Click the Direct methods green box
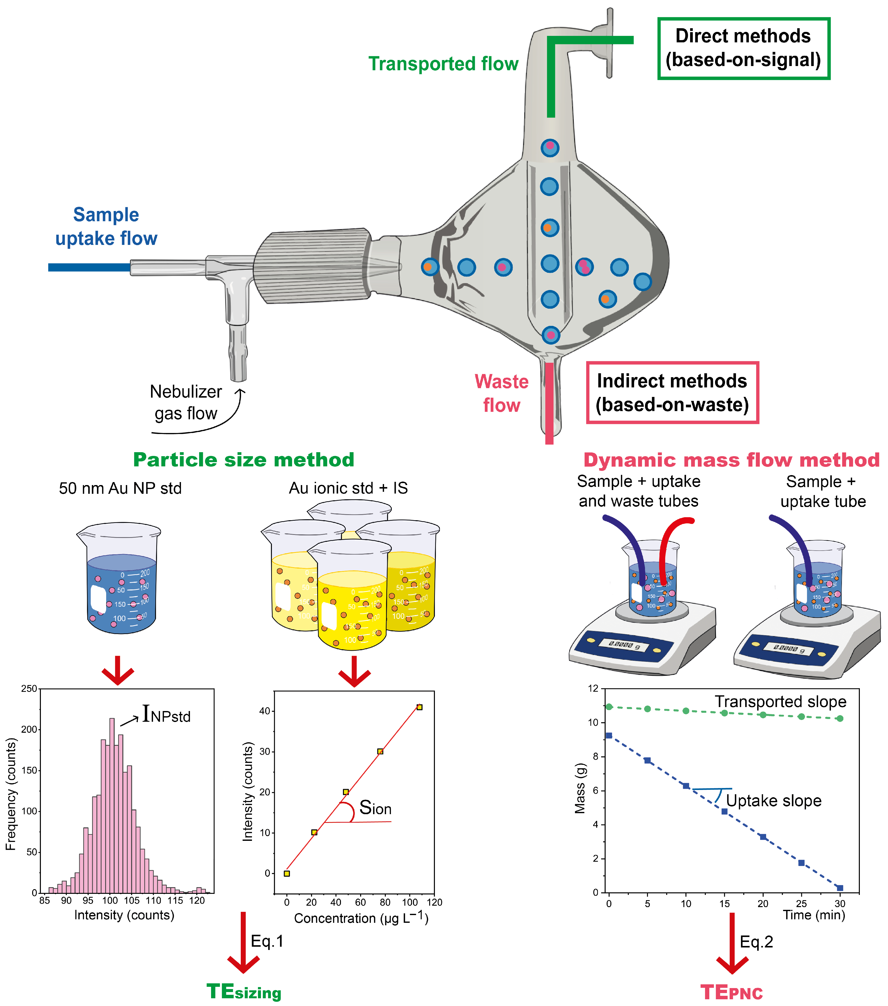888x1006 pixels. tap(743, 48)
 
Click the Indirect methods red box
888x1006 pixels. tap(672, 393)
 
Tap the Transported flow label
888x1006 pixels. tap(443, 64)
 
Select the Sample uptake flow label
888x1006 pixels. tap(106, 226)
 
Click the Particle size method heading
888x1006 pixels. tap(244, 460)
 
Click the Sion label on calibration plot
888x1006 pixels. tap(375, 808)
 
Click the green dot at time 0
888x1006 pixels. tap(609, 707)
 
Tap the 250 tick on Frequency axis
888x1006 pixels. tap(29, 689)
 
